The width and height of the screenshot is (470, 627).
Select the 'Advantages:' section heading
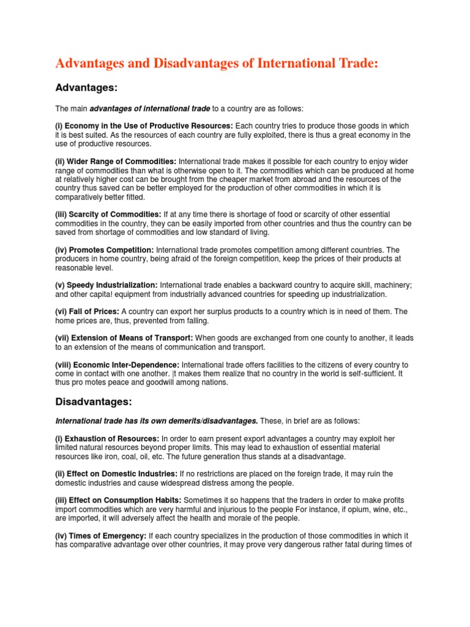click(x=86, y=88)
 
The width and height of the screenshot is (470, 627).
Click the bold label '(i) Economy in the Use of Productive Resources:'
click(x=144, y=126)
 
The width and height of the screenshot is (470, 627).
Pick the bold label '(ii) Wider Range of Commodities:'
click(x=116, y=160)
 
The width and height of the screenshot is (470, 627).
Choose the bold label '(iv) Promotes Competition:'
click(x=105, y=250)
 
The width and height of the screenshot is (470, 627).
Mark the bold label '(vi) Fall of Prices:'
click(x=88, y=312)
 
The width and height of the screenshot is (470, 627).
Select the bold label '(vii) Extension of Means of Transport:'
click(x=124, y=338)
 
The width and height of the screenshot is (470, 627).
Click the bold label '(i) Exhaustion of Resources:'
click(x=108, y=439)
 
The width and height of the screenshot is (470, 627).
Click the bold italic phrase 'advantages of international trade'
click(x=150, y=109)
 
